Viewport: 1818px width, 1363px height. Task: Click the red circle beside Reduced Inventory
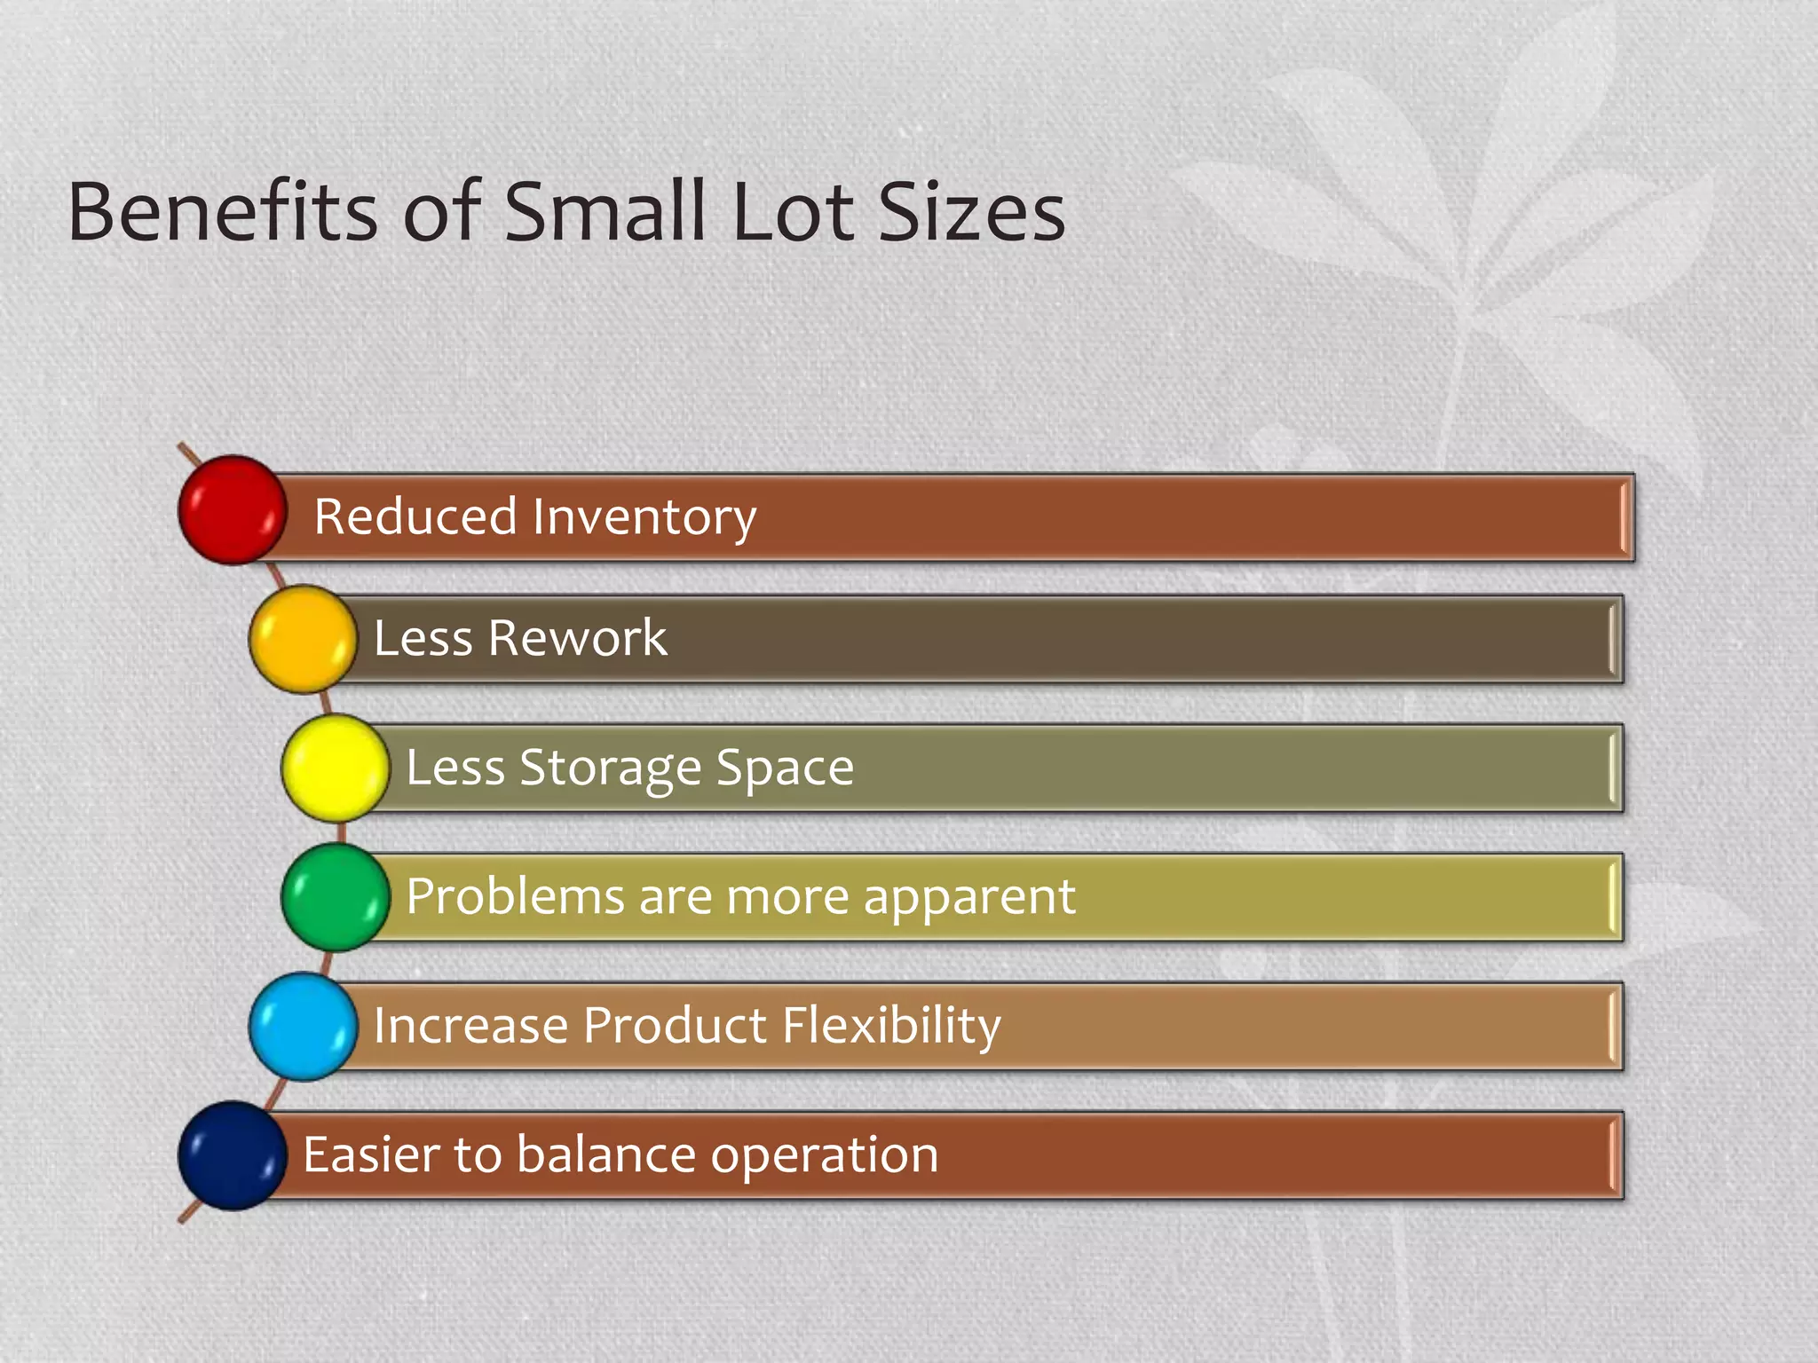pyautogui.click(x=233, y=510)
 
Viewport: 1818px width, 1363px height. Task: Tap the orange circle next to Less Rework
pyautogui.click(x=303, y=639)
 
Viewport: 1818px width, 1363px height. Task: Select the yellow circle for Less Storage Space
pyautogui.click(x=336, y=768)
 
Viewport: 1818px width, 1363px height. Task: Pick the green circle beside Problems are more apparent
pyautogui.click(x=336, y=897)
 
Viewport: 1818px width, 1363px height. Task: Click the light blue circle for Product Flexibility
pyautogui.click(x=303, y=1027)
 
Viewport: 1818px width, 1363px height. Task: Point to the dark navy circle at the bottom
pyautogui.click(x=233, y=1155)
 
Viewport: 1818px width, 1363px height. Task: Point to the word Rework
pyautogui.click(x=577, y=637)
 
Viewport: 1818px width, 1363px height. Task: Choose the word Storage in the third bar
pyautogui.click(x=611, y=768)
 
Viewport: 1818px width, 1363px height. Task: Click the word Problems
pyautogui.click(x=515, y=896)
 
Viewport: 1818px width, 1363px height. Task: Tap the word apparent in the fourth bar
pyautogui.click(x=969, y=898)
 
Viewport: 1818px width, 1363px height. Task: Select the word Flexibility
pyautogui.click(x=891, y=1026)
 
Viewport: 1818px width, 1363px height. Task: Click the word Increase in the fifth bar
pyautogui.click(x=470, y=1026)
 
